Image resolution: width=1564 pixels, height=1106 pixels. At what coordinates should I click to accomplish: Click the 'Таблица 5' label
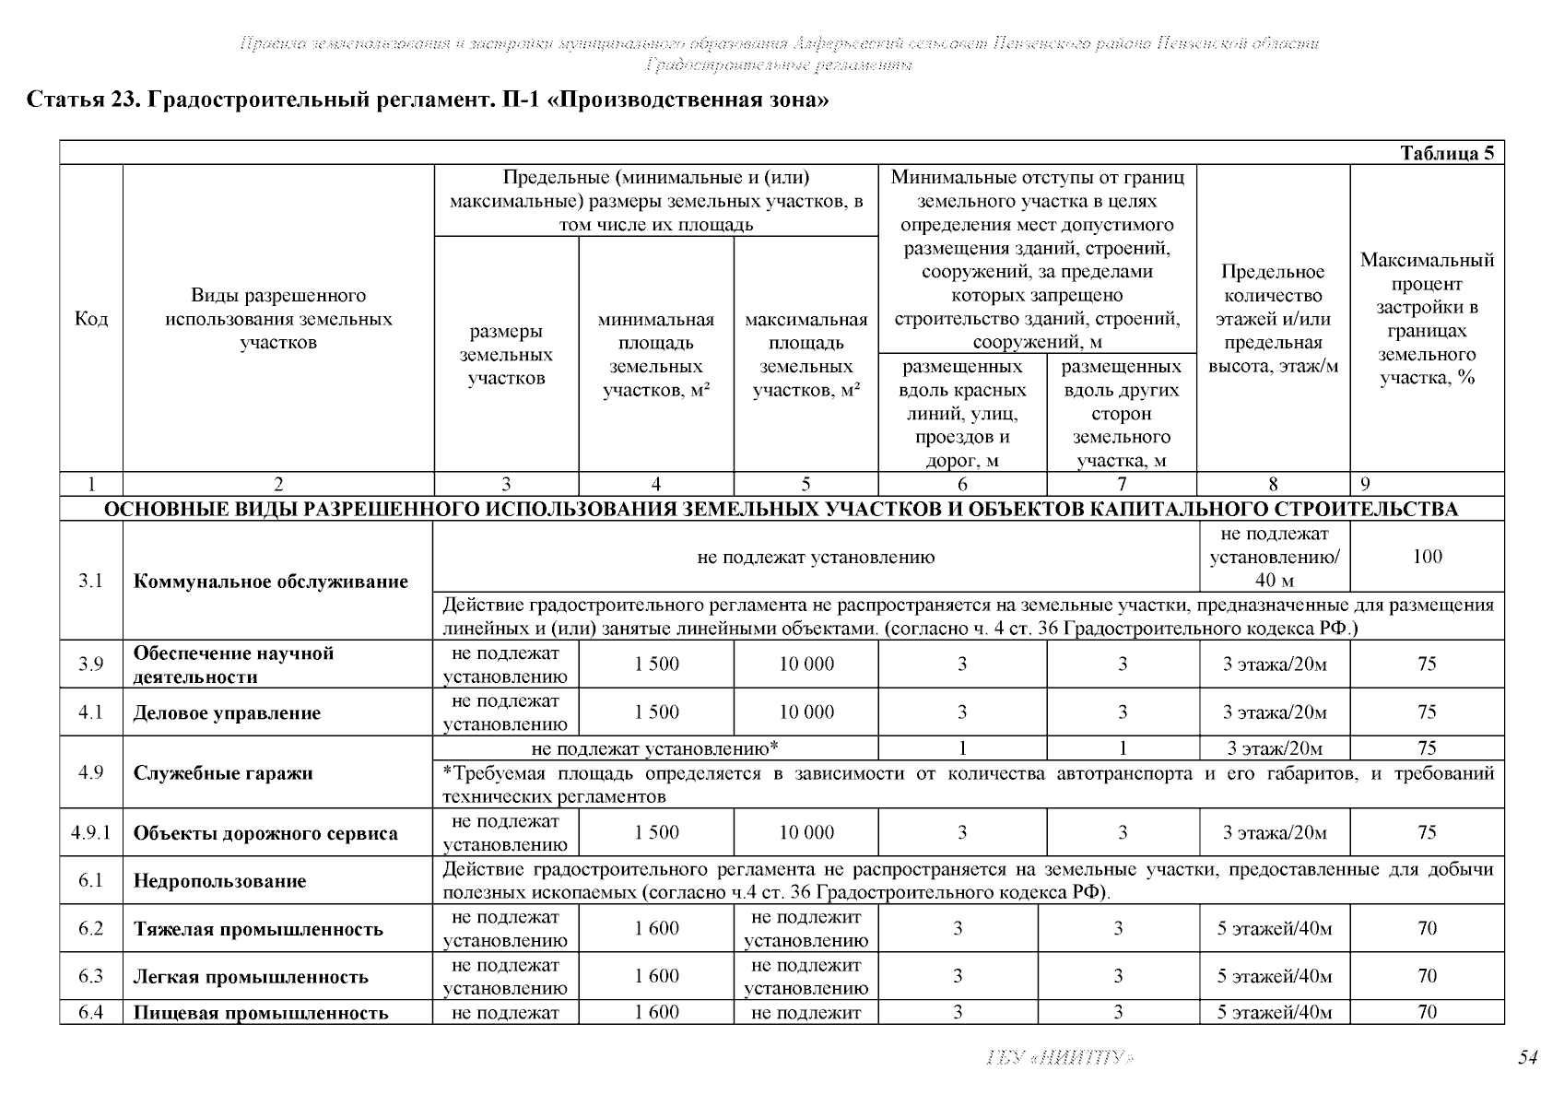[1446, 154]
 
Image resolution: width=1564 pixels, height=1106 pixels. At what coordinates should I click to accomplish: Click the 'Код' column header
[90, 319]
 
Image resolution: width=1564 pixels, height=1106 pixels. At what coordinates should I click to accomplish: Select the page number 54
[1527, 1057]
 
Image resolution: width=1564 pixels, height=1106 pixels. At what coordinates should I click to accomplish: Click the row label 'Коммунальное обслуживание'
[270, 582]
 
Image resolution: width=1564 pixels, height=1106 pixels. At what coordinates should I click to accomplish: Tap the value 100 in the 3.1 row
[1426, 557]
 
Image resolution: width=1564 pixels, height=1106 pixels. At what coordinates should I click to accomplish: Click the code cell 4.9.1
[90, 833]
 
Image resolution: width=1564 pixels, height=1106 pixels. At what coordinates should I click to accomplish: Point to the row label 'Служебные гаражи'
[223, 773]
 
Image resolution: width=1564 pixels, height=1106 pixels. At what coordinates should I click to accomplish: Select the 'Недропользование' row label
[219, 881]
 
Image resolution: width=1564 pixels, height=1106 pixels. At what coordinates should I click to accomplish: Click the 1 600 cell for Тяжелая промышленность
[656, 929]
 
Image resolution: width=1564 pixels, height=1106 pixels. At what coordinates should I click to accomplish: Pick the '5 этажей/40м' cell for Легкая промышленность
[1274, 977]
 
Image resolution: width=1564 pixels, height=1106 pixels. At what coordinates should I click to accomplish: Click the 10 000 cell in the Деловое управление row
[806, 712]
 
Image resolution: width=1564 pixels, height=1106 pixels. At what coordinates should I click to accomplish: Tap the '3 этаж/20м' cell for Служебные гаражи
[1274, 748]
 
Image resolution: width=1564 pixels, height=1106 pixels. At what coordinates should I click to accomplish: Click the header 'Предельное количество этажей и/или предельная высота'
[1273, 319]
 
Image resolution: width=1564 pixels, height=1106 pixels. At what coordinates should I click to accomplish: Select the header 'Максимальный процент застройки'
[1426, 319]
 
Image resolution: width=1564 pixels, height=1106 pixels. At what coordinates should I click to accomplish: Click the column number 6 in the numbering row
[962, 485]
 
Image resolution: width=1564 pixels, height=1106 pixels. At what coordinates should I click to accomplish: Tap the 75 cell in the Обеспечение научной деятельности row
[1426, 665]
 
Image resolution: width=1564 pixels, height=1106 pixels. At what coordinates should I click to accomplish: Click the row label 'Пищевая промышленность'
[261, 1013]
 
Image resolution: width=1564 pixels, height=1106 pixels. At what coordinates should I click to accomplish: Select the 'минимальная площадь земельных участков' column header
[656, 356]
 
